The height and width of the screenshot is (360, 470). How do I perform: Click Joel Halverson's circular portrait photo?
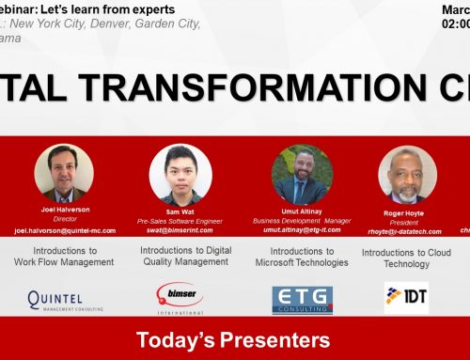[x=64, y=170]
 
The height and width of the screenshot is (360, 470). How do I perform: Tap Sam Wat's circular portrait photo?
[x=179, y=170]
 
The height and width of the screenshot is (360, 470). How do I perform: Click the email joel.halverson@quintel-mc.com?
[x=64, y=228]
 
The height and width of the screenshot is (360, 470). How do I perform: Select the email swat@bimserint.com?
[x=179, y=228]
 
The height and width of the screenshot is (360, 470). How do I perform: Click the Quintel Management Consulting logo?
[x=64, y=301]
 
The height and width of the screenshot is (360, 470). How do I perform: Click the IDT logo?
[x=406, y=298]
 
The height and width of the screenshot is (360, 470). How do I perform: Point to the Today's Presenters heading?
[x=234, y=339]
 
